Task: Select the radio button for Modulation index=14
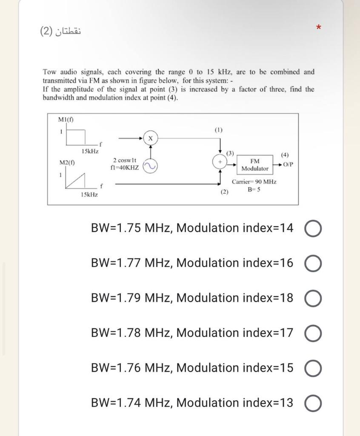pos(313,229)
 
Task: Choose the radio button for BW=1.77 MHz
pos(313,264)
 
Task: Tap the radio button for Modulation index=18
pos(313,298)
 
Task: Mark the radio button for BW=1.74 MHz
pos(313,403)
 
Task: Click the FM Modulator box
pos(254,165)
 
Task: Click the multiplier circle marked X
pos(150,138)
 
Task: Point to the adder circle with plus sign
pos(220,163)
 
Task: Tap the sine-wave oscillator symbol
pos(149,166)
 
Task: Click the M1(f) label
pos(66,120)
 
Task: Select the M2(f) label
pos(66,162)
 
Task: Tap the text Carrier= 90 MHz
pos(254,182)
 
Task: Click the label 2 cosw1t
pos(124,160)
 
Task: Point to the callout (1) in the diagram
pos(219,129)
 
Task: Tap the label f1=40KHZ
pos(124,167)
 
